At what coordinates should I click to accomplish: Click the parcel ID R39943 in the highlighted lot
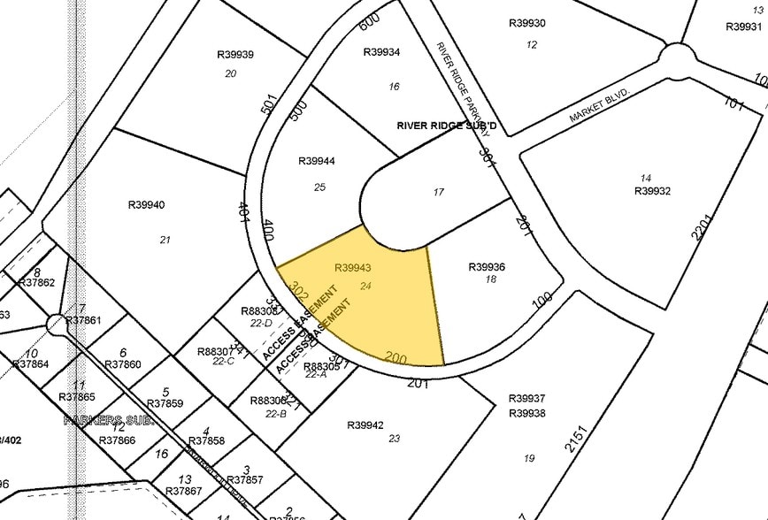[352, 267]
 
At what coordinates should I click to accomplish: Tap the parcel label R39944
[316, 161]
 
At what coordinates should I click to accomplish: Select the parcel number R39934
[382, 52]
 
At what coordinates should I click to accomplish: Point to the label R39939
[235, 55]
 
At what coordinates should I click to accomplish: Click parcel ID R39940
[147, 205]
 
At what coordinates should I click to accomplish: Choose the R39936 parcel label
[487, 267]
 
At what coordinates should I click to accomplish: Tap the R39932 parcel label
[653, 191]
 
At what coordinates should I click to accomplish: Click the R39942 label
[365, 425]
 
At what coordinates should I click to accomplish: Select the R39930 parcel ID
[527, 23]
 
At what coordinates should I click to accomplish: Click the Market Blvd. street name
[600, 103]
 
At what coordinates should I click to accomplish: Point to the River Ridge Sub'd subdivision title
[447, 126]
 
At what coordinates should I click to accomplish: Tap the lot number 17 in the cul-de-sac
[438, 192]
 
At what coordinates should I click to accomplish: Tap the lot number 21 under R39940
[165, 240]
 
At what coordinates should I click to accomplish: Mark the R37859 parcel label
[165, 404]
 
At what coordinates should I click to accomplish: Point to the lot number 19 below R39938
[529, 457]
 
